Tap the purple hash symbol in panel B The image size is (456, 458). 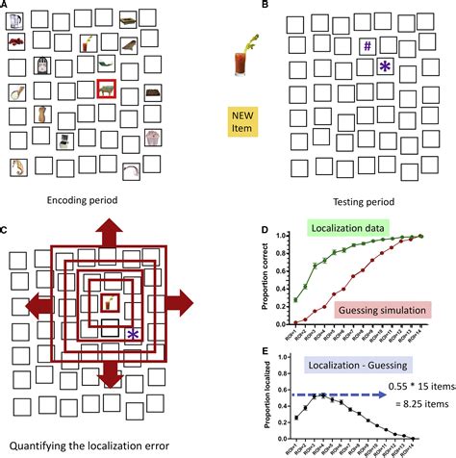(x=367, y=45)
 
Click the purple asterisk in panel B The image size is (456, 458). (x=385, y=66)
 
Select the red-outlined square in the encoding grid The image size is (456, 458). (x=107, y=89)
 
